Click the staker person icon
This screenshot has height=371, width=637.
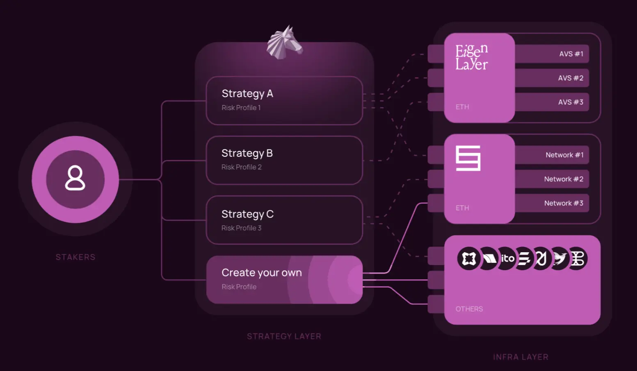(75, 178)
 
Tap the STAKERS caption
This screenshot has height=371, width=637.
(75, 257)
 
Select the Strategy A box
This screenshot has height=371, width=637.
(284, 100)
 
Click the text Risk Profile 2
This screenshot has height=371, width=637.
(241, 167)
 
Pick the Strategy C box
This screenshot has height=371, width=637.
(284, 220)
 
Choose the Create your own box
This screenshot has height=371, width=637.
(284, 280)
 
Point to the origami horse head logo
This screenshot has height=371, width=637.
(285, 43)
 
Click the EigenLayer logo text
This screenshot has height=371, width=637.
(471, 57)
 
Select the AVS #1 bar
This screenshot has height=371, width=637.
(552, 54)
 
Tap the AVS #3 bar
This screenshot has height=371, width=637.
(552, 102)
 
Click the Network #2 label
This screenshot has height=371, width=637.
(564, 179)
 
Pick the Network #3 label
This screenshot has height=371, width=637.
(564, 203)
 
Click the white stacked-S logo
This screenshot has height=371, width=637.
(468, 158)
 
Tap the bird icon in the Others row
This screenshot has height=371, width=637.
(559, 258)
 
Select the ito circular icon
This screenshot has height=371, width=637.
(507, 258)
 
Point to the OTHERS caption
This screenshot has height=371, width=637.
(469, 309)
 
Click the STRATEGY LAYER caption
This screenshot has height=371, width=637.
(284, 336)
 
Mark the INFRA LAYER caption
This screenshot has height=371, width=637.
(521, 357)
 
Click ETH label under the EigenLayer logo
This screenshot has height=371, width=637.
(462, 107)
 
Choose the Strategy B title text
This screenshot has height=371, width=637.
(247, 153)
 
